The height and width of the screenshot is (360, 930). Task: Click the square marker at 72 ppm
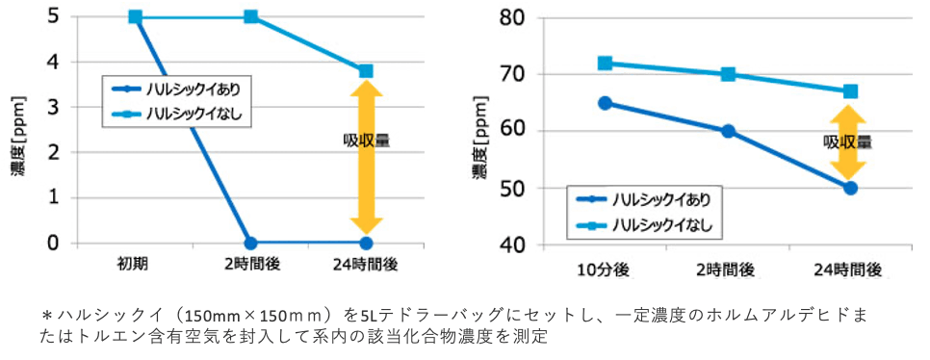[x=605, y=64]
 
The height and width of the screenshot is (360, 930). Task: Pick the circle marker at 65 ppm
[x=605, y=103]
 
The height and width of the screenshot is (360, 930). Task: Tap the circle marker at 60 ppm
[x=728, y=131]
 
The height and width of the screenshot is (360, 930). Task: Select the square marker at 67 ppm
[x=850, y=91]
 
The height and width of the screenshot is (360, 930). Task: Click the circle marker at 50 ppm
[x=850, y=188]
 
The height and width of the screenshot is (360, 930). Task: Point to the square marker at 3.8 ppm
[x=366, y=71]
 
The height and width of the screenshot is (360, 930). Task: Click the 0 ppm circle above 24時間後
[x=366, y=243]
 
